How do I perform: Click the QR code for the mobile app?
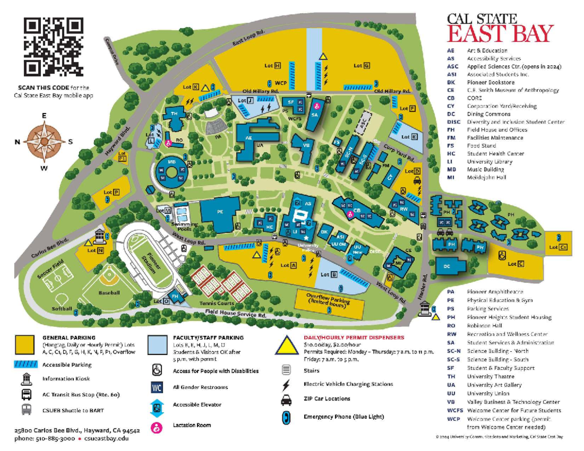[x=54, y=47]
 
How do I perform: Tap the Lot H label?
[x=273, y=65]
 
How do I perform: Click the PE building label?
[x=220, y=212]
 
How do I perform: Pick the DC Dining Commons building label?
[x=448, y=266]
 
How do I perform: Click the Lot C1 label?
[x=558, y=247]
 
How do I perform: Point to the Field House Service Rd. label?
[x=236, y=314]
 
